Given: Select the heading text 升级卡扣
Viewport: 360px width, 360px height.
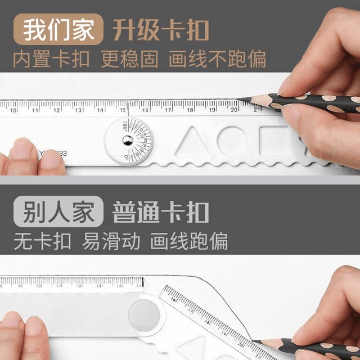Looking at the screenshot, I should tap(161, 29).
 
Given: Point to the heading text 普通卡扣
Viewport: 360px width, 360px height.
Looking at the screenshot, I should tap(161, 213).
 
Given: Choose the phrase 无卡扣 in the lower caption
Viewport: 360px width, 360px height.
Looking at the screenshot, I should tap(43, 241).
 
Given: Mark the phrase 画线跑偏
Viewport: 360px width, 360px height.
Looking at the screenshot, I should tap(189, 241).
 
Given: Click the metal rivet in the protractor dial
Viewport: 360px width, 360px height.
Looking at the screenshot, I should tap(128, 139).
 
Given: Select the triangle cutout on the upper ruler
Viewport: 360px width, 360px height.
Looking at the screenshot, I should tap(191, 139).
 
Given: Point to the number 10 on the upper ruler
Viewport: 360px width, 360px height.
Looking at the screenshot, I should tap(13, 110).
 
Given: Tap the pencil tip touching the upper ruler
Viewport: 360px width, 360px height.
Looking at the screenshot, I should tap(238, 100).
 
